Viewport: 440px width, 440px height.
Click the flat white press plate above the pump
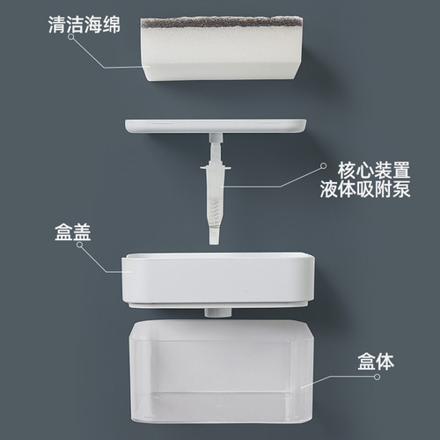click(216, 127)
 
